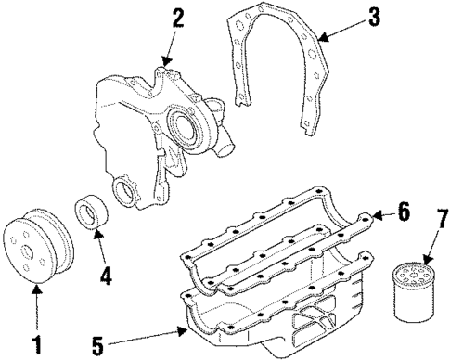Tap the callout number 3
coord(373,18)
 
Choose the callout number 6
coord(403,212)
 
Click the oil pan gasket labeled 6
coord(278,251)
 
